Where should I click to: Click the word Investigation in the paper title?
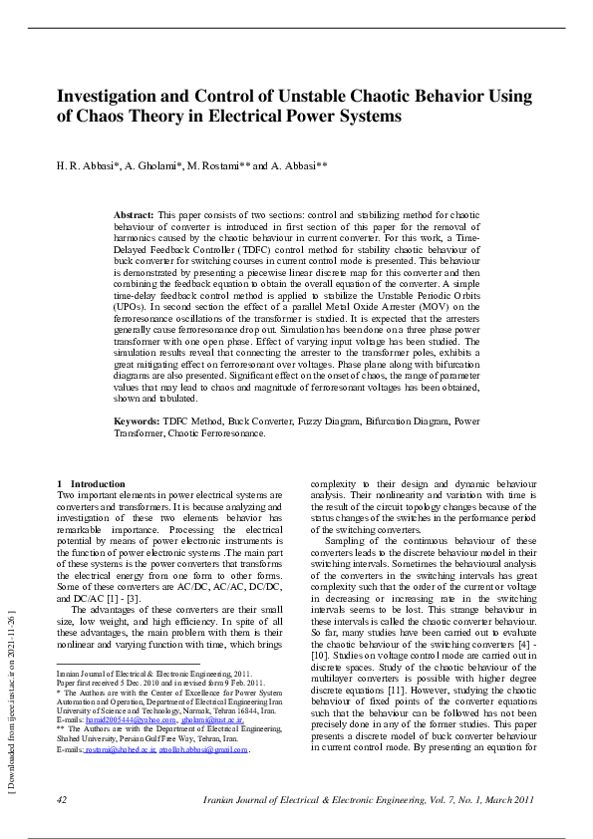coord(107,96)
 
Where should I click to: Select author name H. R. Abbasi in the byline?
coord(87,165)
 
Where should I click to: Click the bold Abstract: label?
coord(134,215)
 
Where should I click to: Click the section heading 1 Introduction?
coord(92,484)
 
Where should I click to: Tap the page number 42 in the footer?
coord(62,800)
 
